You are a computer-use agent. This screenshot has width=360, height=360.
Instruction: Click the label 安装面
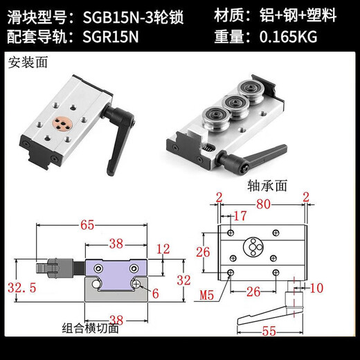[25, 63]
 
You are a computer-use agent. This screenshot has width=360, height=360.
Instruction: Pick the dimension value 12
[163, 249]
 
